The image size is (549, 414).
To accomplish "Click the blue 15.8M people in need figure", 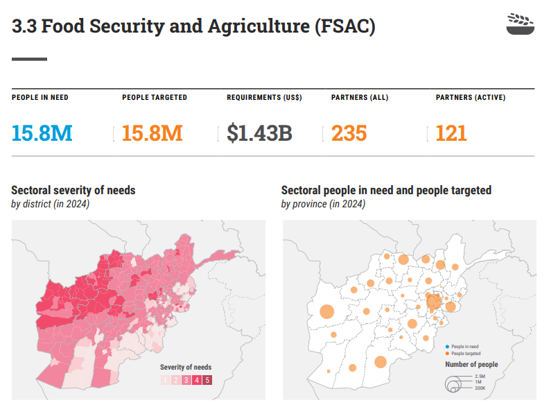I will (x=42, y=132).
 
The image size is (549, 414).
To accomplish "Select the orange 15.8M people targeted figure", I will (x=152, y=132).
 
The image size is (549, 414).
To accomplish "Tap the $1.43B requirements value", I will (x=259, y=132).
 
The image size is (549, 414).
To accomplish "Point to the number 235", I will (x=349, y=132).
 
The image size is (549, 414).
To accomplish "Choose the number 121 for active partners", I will (x=451, y=132).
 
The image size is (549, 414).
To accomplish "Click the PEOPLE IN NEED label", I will (x=40, y=98).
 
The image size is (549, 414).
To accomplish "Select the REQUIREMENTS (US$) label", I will (x=264, y=98).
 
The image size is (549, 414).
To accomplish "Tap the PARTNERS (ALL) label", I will (x=360, y=98).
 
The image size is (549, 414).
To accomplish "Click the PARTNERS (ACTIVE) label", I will (x=470, y=98).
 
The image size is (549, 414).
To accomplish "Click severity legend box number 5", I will (x=207, y=380).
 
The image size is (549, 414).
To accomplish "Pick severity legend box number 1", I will (x=165, y=380).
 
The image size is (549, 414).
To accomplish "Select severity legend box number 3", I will (x=186, y=380).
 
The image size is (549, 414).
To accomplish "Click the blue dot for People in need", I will (x=447, y=347).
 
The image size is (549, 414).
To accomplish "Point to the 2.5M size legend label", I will (x=479, y=377).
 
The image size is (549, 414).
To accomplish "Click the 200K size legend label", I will (x=479, y=388).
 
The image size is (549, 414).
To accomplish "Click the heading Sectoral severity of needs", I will (x=73, y=190).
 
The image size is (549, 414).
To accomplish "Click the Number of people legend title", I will (x=471, y=365).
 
